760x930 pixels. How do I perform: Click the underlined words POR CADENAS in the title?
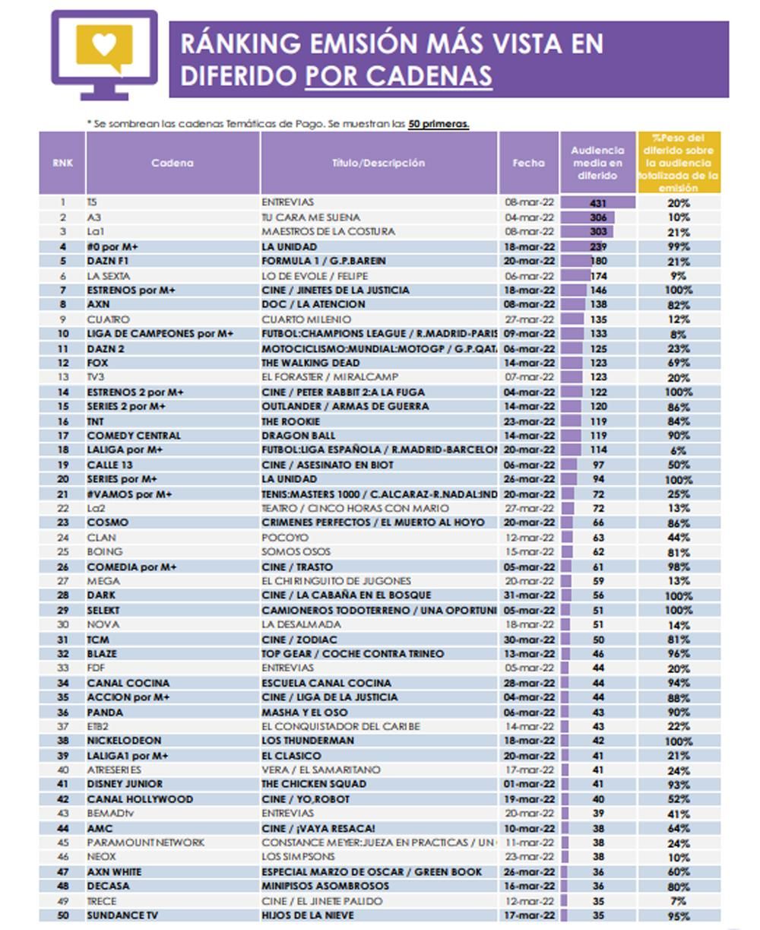pyautogui.click(x=398, y=76)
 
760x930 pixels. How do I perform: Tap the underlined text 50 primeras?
pyautogui.click(x=439, y=123)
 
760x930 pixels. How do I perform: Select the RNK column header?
pyautogui.click(x=62, y=163)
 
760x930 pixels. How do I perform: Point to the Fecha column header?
pyautogui.click(x=528, y=163)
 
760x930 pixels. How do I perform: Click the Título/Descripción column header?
pyautogui.click(x=378, y=163)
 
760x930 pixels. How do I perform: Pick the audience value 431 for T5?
pyautogui.click(x=598, y=203)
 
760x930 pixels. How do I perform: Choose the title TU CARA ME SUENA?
pyautogui.click(x=311, y=217)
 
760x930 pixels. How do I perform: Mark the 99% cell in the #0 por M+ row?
pyautogui.click(x=678, y=246)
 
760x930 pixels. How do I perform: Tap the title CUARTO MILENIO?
pyautogui.click(x=306, y=319)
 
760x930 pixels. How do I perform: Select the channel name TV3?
pyautogui.click(x=95, y=377)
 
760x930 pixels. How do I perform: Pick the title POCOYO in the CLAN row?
pyautogui.click(x=284, y=537)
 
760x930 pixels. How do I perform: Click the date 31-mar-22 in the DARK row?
pyautogui.click(x=530, y=595)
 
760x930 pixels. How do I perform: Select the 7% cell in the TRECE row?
pyautogui.click(x=678, y=901)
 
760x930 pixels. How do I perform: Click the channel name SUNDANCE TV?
pyautogui.click(x=122, y=916)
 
